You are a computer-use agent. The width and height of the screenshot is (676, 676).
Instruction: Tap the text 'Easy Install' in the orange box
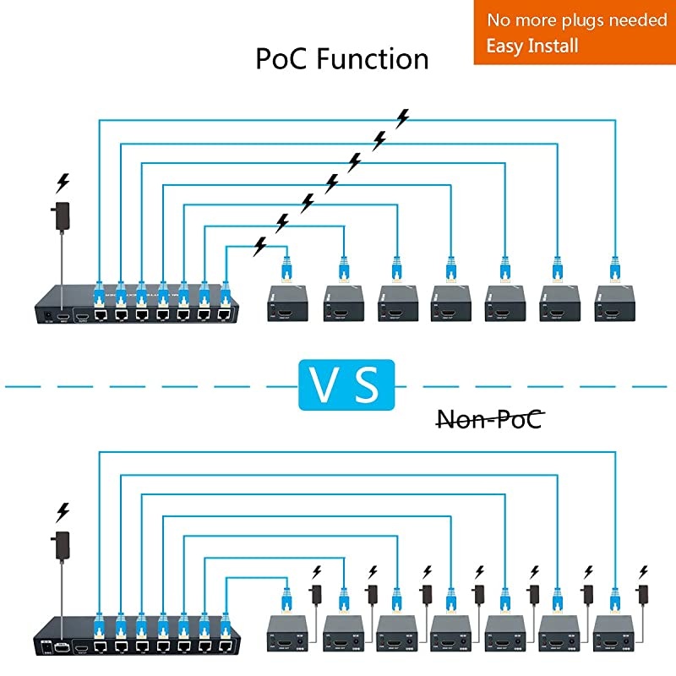(x=532, y=45)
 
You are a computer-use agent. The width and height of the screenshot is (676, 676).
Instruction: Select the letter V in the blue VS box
(x=323, y=384)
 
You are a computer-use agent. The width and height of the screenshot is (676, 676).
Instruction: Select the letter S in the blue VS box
(x=367, y=384)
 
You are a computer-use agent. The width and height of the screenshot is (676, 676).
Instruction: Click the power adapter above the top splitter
(x=62, y=215)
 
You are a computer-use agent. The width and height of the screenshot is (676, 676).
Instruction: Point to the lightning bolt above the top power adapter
(x=62, y=182)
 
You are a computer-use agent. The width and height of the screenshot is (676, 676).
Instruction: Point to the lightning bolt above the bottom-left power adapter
(x=62, y=511)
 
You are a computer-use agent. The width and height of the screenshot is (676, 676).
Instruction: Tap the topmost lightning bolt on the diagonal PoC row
(x=403, y=118)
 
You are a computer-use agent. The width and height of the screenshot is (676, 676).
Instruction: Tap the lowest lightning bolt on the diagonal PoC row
(x=260, y=245)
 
